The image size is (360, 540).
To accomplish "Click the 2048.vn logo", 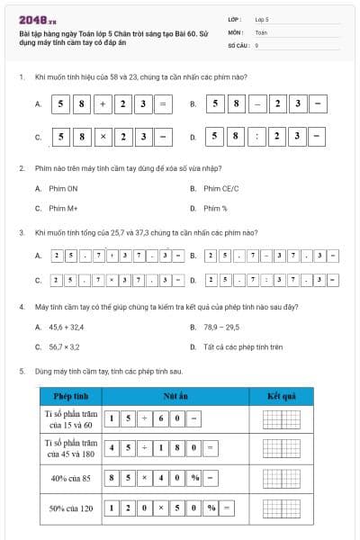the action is (36, 18).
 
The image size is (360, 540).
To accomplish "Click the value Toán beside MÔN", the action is (261, 31).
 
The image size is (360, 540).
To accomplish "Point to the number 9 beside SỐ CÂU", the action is (256, 43).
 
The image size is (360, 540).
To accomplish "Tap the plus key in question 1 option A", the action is (102, 104).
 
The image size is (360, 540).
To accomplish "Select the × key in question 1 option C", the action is (102, 138).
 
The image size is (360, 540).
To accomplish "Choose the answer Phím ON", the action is (56, 188).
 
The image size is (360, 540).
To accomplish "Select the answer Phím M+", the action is (56, 208).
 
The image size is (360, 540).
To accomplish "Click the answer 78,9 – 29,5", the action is (220, 327).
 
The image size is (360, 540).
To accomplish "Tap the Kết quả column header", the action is (282, 396).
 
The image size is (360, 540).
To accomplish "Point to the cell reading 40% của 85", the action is (70, 478).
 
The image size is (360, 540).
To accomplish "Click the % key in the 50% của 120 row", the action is (210, 508).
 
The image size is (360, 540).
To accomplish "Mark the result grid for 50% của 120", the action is (282, 508).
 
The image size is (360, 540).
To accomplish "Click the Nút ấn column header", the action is (175, 396).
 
